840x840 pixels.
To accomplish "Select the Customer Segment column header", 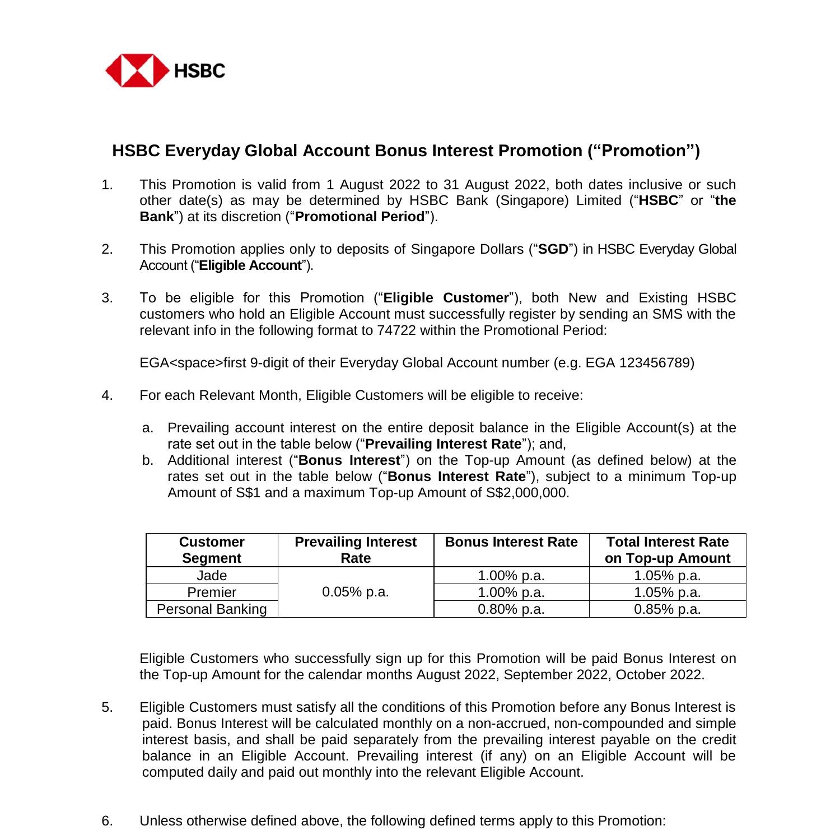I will [x=212, y=550].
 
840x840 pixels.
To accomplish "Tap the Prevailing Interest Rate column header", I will [x=356, y=550].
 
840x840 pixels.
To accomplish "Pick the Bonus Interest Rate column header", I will [x=511, y=542].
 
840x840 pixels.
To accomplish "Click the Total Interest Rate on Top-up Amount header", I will [x=668, y=550].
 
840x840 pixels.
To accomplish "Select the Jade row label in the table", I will [x=212, y=576].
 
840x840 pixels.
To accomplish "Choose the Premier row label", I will [x=212, y=592].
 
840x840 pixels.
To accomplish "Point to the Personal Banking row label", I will [x=212, y=609].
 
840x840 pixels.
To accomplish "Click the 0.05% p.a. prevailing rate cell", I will [x=356, y=592].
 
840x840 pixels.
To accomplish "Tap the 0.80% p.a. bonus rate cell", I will [x=511, y=609].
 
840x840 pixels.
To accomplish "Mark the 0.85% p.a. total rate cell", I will [x=668, y=609].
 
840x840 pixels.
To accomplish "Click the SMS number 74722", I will [x=396, y=330].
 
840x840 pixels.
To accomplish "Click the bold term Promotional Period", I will [x=359, y=217].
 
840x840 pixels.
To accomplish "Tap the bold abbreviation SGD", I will [x=553, y=249].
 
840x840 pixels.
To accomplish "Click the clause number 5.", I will [x=106, y=707].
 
